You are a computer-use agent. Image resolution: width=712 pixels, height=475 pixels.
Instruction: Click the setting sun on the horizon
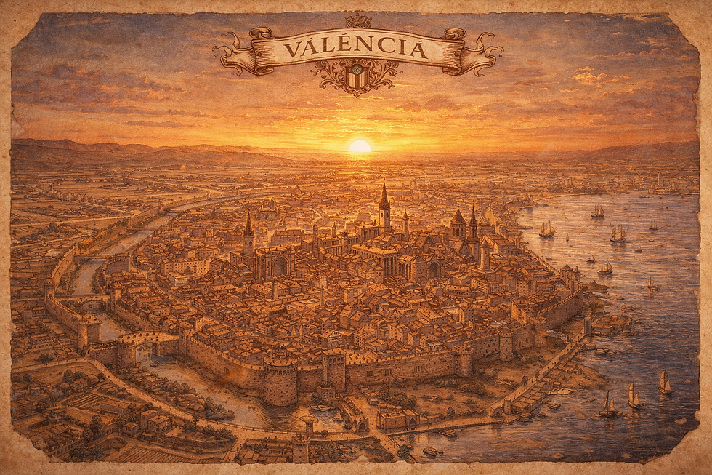(360, 146)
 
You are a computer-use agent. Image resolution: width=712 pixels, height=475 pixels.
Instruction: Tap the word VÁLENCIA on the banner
(355, 49)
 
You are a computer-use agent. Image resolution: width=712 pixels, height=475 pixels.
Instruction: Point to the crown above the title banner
(356, 20)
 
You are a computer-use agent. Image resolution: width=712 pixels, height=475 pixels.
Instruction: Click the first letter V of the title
(292, 50)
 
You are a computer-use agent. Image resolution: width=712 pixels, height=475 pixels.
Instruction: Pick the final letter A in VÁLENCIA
(418, 49)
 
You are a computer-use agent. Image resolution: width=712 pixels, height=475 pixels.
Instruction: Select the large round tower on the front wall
(280, 378)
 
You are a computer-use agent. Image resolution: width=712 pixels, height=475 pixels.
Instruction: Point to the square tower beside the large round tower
(335, 368)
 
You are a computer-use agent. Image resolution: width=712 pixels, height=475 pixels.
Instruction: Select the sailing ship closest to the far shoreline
(597, 211)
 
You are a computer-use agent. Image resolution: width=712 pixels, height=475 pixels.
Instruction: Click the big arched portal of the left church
(280, 266)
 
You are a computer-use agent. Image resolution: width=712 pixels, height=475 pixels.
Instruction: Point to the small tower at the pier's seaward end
(588, 323)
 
